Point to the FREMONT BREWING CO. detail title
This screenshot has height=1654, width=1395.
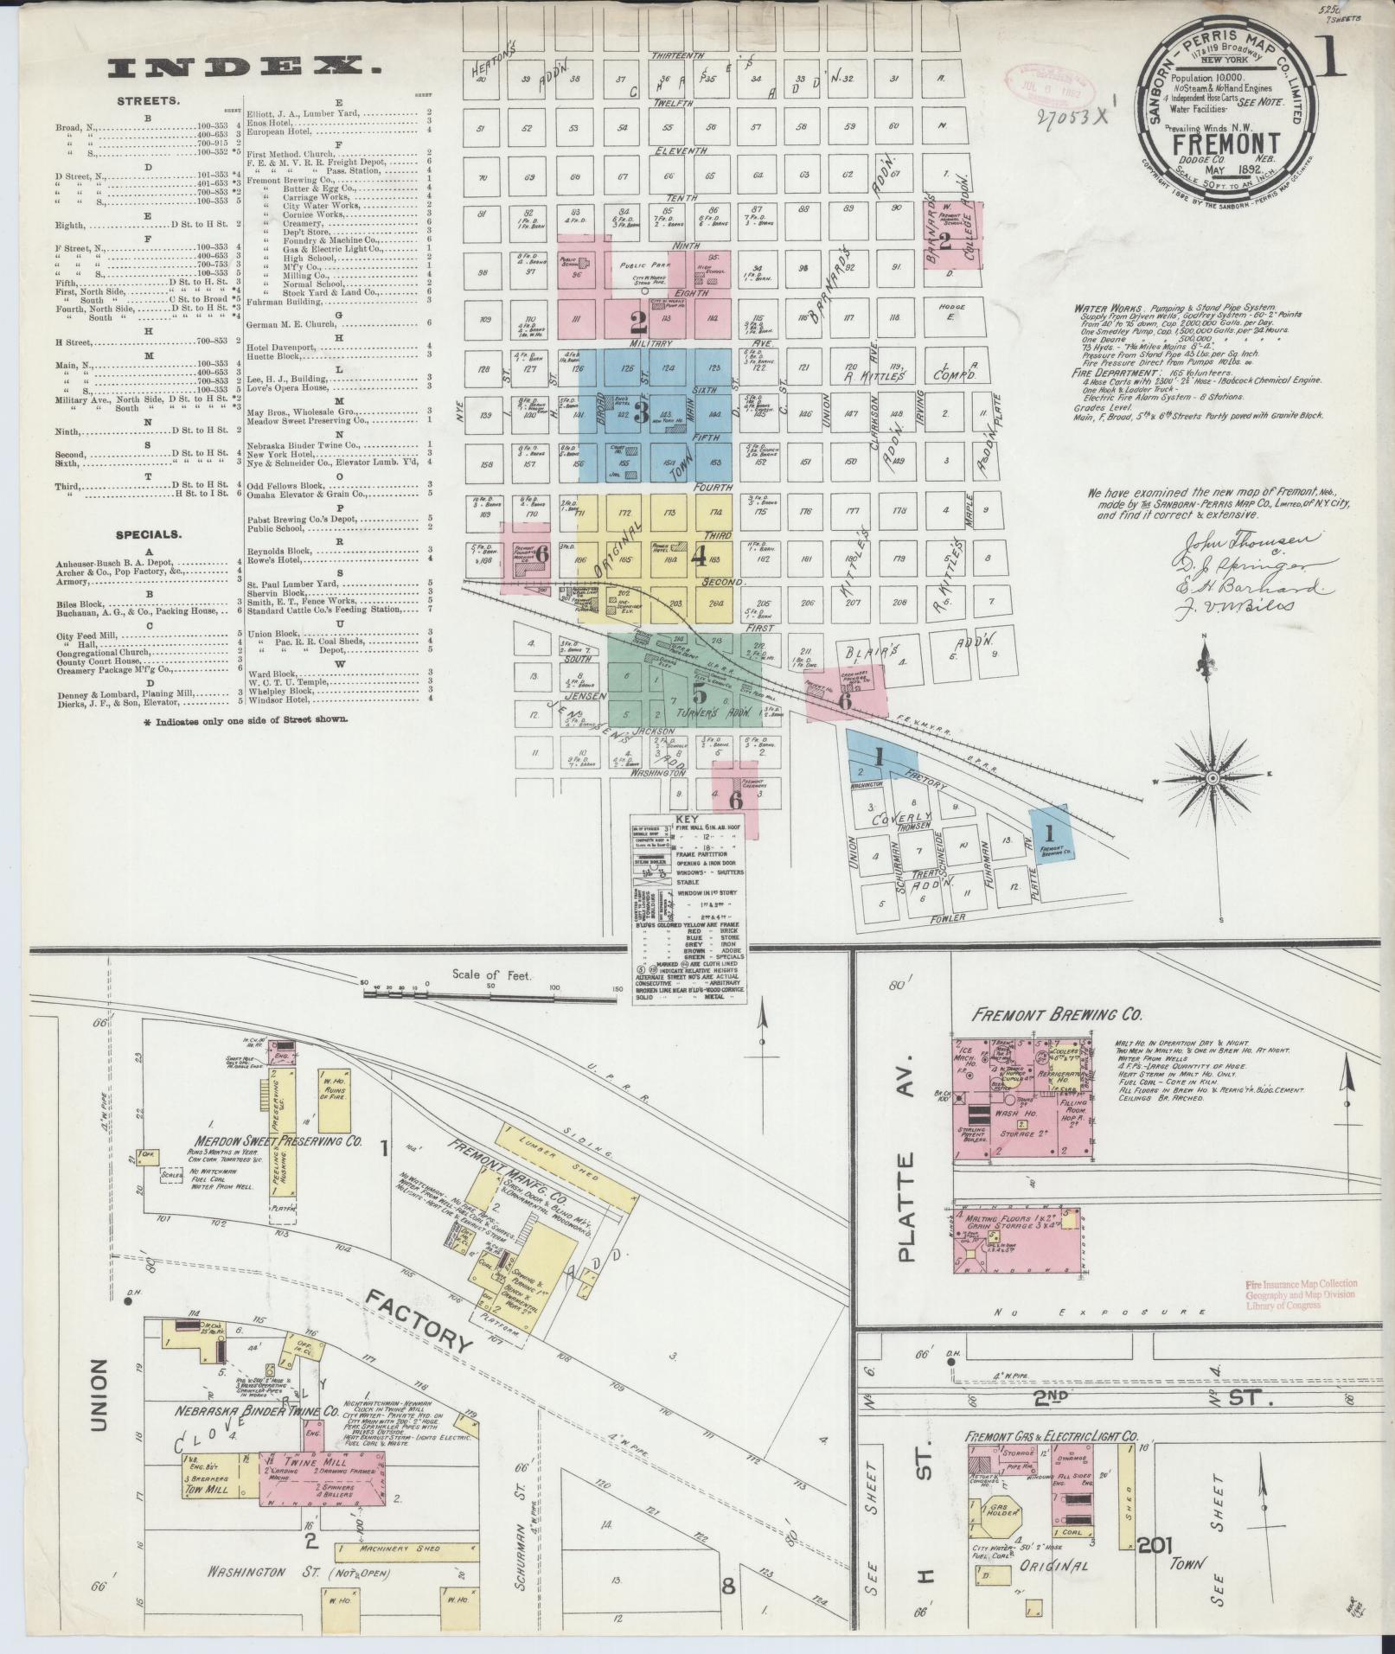click(1057, 1015)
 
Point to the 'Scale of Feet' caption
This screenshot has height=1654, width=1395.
click(491, 974)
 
